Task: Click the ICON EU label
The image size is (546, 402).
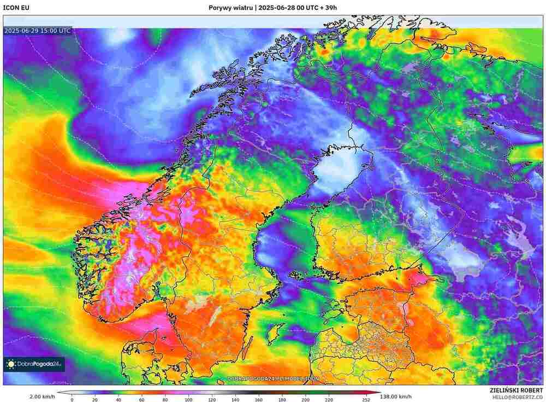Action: pos(16,8)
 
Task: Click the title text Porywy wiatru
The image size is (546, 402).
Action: pos(231,8)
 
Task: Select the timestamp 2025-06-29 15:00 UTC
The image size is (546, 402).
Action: pos(37,31)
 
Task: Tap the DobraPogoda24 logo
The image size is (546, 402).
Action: pos(34,364)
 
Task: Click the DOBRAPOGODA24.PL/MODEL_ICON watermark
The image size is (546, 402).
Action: pos(273,378)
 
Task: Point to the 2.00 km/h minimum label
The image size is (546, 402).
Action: pos(41,397)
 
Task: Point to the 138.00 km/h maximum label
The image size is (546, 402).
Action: pos(396,397)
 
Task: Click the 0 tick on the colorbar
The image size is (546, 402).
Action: pos(72,400)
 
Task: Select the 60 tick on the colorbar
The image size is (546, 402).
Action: pos(142,400)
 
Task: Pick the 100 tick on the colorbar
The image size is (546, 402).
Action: pos(188,400)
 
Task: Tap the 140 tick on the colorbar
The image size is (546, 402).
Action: pos(235,400)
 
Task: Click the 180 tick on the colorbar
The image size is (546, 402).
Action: pos(282,400)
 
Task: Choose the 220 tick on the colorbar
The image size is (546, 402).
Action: pos(329,400)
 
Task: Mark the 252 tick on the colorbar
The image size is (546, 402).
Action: pos(366,400)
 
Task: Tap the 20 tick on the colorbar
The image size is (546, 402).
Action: pos(96,400)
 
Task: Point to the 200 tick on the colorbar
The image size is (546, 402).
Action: pos(305,400)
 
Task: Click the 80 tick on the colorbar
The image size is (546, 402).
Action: pos(165,400)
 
